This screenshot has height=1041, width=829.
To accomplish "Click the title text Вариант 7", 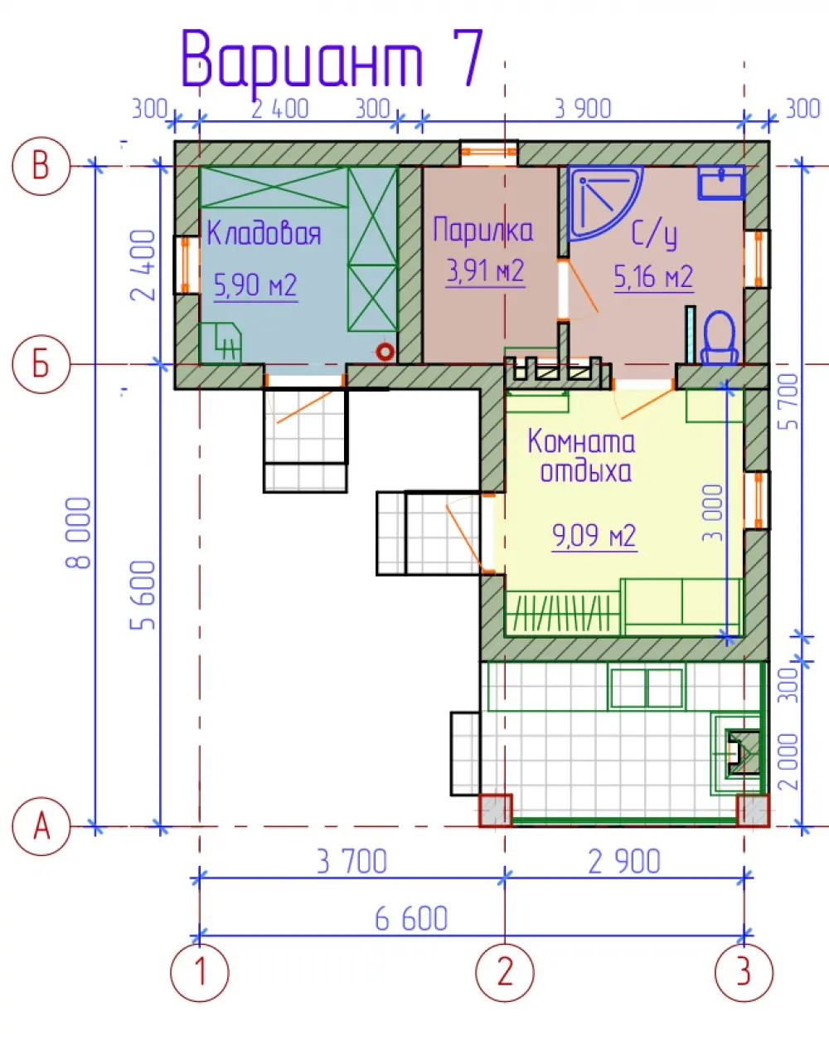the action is coord(332,59).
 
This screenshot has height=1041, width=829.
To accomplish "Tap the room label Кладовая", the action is coord(264,233).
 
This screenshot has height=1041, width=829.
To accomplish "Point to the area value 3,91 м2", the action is coord(485,271).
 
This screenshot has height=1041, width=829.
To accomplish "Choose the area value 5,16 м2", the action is coord(653,277).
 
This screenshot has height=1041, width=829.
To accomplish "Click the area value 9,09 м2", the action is coord(594,536).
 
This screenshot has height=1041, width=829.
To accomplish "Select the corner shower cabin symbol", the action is coord(604,203).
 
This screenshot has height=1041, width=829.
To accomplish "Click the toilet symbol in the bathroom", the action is coord(720,337).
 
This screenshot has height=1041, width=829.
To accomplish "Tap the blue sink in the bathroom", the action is coord(720,182).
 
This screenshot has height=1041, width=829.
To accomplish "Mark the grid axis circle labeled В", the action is coord(41,166).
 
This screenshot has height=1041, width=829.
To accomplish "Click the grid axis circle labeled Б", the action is coord(41,364).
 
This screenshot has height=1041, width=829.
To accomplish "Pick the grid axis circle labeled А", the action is coord(41,827).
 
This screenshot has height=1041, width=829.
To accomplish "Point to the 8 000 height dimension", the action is coord(78,533).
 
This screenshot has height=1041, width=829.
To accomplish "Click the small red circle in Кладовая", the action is coord(385,352).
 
